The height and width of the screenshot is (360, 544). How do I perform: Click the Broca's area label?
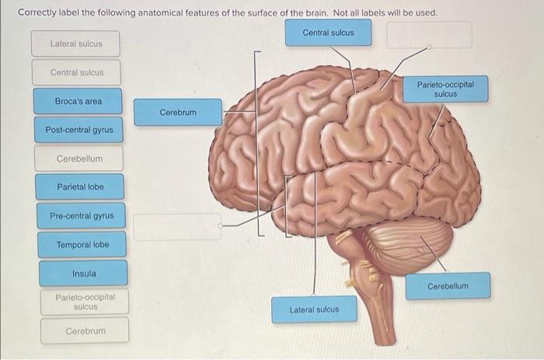78,101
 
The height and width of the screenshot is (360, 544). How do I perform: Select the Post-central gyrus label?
78,130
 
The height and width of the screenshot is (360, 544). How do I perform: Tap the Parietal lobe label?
80,187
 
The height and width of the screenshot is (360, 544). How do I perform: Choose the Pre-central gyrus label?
81,215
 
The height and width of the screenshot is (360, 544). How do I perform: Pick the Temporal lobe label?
82,245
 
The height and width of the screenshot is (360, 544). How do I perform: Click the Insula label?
84,274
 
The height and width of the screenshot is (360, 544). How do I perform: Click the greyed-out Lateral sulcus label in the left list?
75,44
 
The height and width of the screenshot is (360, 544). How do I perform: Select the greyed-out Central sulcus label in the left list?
76,72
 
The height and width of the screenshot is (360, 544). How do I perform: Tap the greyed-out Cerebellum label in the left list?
79,159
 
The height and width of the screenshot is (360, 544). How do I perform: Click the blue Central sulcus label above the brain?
327,33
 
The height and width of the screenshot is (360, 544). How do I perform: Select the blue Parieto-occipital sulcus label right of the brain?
445,89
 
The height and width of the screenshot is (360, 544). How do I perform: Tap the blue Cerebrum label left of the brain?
178,113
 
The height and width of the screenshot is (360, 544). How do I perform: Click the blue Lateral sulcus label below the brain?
314,309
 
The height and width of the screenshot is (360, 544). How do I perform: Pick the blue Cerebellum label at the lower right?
448,286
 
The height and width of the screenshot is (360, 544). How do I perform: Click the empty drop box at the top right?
429,35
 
